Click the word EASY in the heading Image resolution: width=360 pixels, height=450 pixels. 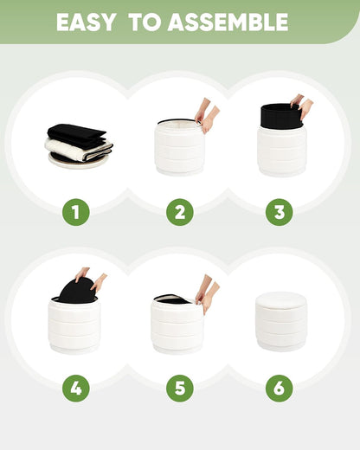(87, 22)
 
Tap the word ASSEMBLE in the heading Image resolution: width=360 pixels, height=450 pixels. (228, 22)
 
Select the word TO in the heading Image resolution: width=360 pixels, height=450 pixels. (145, 22)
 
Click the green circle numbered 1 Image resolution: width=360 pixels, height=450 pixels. (76, 212)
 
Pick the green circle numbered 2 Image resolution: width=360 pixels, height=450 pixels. (180, 212)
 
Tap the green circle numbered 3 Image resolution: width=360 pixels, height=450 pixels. (280, 212)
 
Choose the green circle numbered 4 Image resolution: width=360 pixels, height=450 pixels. (76, 388)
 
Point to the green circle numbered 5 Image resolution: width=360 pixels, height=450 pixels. (180, 388)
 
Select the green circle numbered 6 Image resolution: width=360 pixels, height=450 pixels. (280, 388)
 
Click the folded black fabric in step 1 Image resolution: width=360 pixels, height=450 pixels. (76, 135)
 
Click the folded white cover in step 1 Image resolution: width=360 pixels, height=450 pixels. (79, 150)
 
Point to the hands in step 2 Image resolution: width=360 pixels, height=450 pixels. (207, 115)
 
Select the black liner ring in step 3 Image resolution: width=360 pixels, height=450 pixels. (281, 116)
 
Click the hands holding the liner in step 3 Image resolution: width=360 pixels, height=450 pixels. (302, 106)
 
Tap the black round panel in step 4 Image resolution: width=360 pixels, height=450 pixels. (78, 291)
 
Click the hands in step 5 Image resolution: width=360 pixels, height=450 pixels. (207, 293)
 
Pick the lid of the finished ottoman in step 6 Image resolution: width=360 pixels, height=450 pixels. (280, 301)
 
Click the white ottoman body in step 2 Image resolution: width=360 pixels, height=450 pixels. (179, 149)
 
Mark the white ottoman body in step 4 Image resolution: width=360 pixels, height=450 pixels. (74, 327)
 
